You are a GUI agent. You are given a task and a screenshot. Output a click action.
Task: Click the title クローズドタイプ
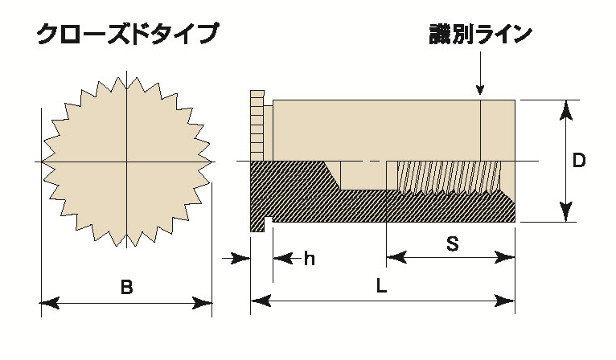click(x=127, y=35)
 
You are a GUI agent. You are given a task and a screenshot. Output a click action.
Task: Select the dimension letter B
click(x=126, y=287)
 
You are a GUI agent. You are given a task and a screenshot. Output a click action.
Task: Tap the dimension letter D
click(x=577, y=160)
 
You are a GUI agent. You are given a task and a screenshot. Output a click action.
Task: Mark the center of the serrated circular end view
click(x=126, y=162)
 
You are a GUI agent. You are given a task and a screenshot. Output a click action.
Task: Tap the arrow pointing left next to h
click(x=282, y=258)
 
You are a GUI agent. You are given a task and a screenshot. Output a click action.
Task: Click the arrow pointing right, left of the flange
click(x=239, y=258)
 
